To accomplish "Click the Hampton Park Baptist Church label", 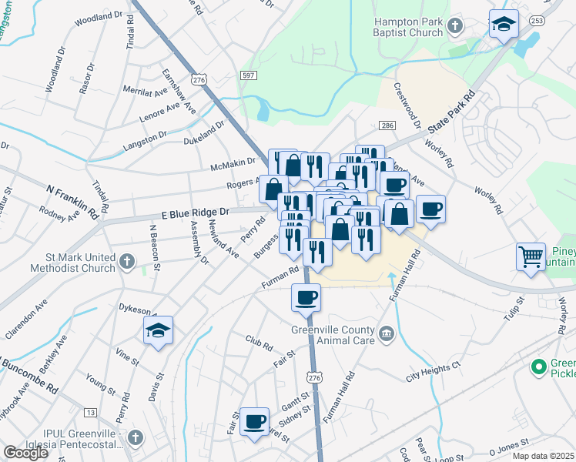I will coord(408,28).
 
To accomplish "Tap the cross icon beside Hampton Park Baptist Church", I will coord(455,28).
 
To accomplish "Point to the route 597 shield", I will coord(248,74).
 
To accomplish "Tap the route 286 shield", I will coord(387,126).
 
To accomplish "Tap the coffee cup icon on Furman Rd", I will coord(306,296).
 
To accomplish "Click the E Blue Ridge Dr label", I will coord(196,212).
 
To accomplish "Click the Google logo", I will coord(25,453).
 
